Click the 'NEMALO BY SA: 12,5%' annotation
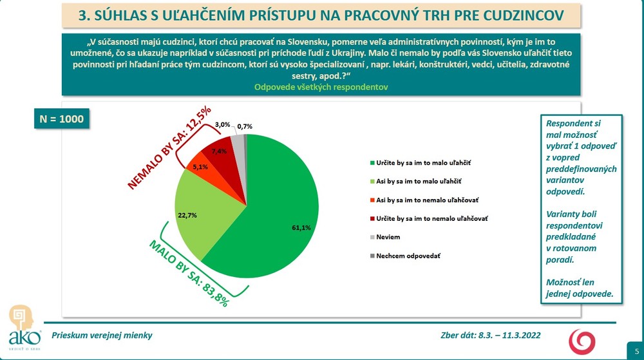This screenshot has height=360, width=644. pyautogui.click(x=169, y=147)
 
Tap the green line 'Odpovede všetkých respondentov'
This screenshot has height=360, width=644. pyautogui.click(x=321, y=88)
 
